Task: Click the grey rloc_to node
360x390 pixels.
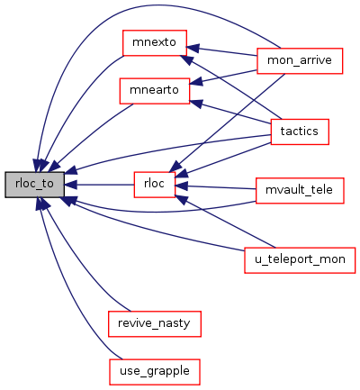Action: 34,185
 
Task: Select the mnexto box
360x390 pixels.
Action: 155,42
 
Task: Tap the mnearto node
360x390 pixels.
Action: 155,91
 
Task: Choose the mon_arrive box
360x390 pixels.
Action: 300,60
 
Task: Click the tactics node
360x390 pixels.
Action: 300,132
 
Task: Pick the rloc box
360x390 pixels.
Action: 154,185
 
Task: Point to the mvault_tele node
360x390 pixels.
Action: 300,190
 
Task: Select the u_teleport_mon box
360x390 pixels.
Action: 300,260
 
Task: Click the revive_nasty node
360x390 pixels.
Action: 155,323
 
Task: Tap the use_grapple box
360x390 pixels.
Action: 155,372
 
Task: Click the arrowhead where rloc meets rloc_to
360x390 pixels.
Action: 71,185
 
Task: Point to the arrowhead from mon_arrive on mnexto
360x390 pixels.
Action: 193,48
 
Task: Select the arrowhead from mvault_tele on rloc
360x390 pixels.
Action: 181,186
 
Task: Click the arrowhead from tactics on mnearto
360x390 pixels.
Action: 196,104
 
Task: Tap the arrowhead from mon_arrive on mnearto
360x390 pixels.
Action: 196,82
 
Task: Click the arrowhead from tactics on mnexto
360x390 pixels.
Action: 186,59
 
